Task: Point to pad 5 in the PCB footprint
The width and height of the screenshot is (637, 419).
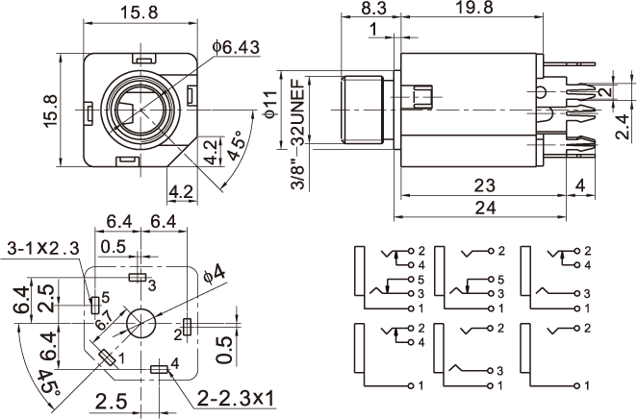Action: pos(93,305)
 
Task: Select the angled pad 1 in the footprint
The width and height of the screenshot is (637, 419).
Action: pos(107,358)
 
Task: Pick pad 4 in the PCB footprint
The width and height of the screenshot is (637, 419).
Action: pos(160,369)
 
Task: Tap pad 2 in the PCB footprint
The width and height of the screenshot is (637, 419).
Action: pos(189,327)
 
